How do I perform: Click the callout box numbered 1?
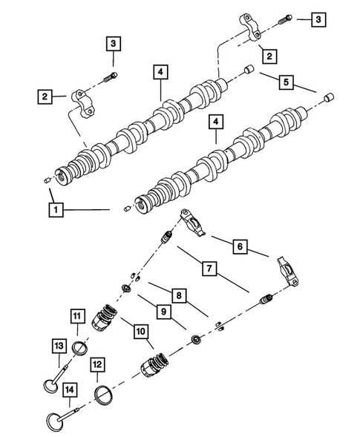click(53, 210)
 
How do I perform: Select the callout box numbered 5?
click(287, 81)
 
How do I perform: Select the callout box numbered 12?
click(98, 364)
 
